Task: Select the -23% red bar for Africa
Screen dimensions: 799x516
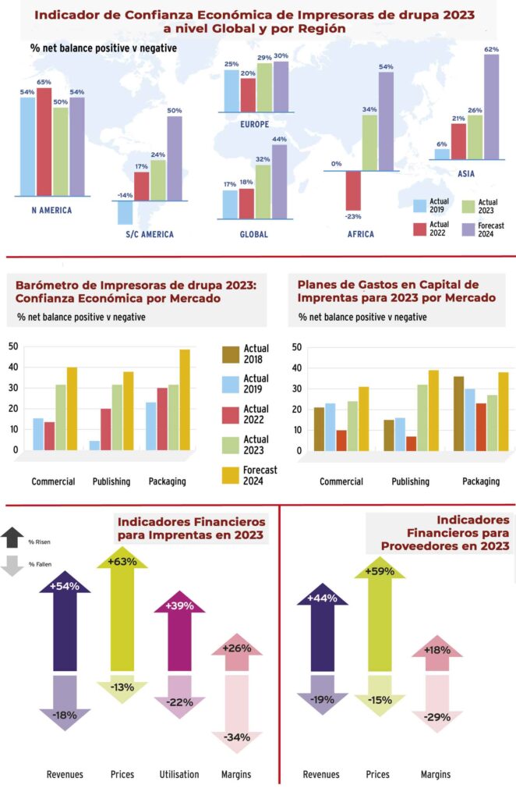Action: click(354, 190)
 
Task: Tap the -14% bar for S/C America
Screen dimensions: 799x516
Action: click(125, 212)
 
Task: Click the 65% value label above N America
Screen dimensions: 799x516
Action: click(44, 82)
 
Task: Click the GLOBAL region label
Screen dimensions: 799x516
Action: click(255, 234)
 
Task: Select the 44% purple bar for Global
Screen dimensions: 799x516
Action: click(279, 182)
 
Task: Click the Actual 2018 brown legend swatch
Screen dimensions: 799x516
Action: click(231, 354)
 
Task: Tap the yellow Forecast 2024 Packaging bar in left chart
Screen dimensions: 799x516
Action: click(185, 399)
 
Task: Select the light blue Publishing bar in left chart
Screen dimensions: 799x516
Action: click(94, 446)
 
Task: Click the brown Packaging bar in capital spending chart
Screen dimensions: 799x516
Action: click(458, 413)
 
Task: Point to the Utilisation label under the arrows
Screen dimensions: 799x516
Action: click(179, 775)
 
